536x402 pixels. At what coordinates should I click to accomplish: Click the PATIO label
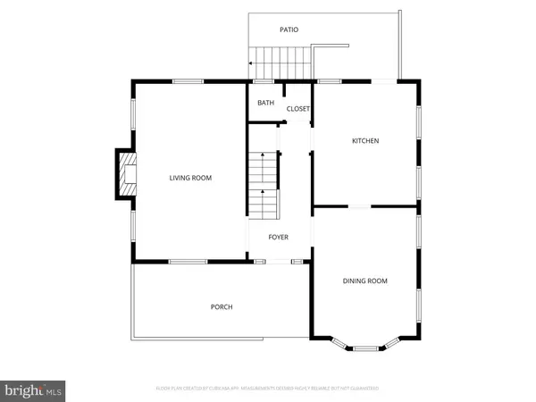289,29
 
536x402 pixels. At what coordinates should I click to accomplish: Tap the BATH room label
266,103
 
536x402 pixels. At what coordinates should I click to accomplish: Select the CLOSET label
297,109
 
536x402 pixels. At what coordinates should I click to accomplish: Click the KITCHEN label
365,141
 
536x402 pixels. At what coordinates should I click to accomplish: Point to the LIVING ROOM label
190,178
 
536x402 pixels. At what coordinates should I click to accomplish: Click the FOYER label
280,236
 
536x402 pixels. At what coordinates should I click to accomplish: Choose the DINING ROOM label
365,281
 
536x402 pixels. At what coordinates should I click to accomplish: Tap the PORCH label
222,306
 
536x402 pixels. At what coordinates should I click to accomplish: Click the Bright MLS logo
33,389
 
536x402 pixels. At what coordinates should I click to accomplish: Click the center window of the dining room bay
365,348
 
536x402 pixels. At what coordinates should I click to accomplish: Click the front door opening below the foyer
280,261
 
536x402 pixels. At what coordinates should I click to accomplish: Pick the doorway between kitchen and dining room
360,207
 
